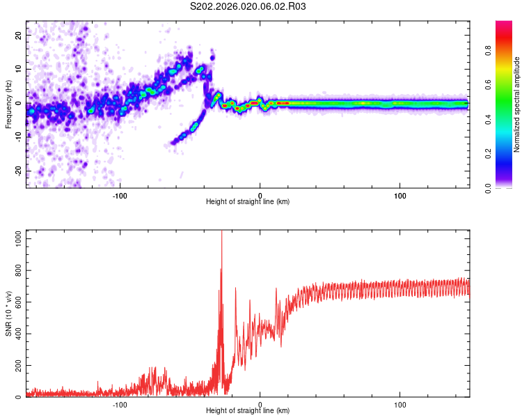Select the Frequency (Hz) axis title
pyautogui.click(x=8, y=104)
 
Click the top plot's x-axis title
pyautogui.click(x=248, y=201)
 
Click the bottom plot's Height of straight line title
pyautogui.click(x=248, y=410)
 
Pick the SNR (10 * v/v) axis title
pyautogui.click(x=8, y=313)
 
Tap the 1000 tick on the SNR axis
pyautogui.click(x=15, y=238)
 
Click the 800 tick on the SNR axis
pyautogui.click(x=17, y=270)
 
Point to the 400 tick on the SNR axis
pyautogui.click(x=17, y=334)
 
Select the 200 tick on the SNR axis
pyautogui.click(x=17, y=366)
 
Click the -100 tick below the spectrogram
pyautogui.click(x=120, y=196)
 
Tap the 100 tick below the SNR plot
pyautogui.click(x=400, y=404)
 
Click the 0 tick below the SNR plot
pyautogui.click(x=260, y=404)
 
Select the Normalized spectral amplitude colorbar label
pyautogui.click(x=517, y=104)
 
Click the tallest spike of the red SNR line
pyautogui.click(x=222, y=232)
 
